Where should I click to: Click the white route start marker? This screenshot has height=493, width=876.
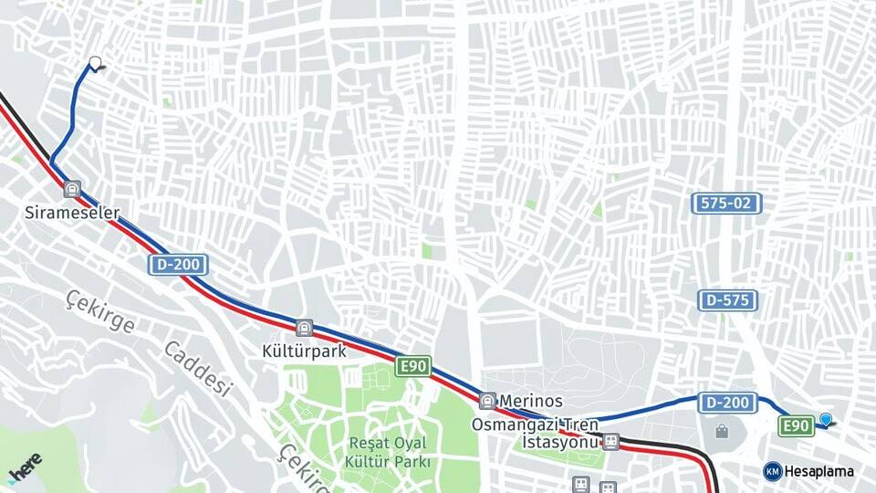95,63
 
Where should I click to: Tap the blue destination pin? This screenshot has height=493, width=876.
826,419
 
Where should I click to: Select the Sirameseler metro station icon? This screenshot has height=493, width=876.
72,189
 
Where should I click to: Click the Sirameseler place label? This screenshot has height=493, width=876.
72,212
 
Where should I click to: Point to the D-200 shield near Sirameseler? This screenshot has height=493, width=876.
179,265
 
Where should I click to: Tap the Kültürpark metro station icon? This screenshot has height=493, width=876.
304,328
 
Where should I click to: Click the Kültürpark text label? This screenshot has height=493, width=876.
303,351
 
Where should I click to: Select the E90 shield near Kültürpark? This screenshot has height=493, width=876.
413,366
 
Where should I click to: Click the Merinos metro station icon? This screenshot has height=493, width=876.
488,400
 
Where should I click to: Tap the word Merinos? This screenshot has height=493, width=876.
532,401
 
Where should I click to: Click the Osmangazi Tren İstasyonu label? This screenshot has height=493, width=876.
534,433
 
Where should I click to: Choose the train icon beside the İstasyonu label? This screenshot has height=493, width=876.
610,442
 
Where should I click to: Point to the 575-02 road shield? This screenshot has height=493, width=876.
726,204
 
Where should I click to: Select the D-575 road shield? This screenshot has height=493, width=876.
728,299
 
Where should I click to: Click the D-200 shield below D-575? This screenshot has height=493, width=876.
728,402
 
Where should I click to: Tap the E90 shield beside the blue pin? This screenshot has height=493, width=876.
796,426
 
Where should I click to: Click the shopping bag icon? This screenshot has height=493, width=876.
722,431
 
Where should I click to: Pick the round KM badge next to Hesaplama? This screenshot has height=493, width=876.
772,471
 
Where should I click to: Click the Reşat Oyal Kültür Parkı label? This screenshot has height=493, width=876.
388,452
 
